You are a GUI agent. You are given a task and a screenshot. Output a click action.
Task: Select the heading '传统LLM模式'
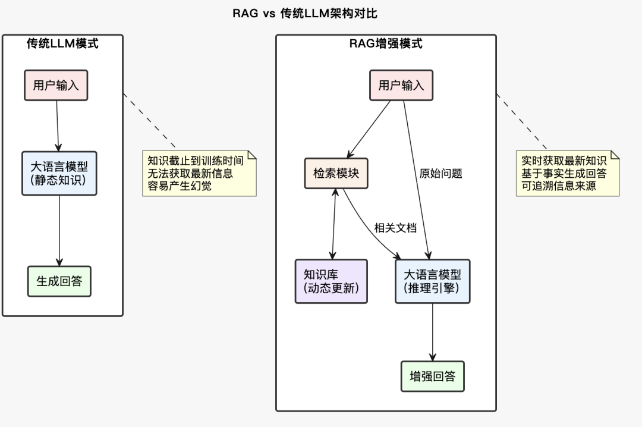pos(62,43)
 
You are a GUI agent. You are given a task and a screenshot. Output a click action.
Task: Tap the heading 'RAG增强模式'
pos(386,43)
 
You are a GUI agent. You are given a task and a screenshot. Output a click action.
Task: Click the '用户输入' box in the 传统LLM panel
pos(56,85)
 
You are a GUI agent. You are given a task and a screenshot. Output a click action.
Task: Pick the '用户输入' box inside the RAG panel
pos(401,85)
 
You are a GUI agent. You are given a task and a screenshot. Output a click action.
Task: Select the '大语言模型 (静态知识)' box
pos(59,173)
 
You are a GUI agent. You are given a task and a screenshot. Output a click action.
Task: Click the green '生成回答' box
pos(59,281)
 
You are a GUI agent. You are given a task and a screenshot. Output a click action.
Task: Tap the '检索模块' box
pos(336,173)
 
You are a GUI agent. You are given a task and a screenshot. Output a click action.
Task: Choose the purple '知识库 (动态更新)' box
pos(331,281)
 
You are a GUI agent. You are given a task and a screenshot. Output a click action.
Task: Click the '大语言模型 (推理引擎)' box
pos(432,281)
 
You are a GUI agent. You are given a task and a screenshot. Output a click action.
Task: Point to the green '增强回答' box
pos(432,376)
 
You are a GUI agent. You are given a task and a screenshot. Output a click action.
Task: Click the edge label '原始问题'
pos(440,174)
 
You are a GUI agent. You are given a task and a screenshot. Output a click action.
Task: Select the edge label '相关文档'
pos(395,227)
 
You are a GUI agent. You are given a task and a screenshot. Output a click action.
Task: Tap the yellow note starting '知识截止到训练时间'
pos(199,173)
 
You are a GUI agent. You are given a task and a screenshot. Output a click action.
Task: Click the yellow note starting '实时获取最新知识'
pos(567,173)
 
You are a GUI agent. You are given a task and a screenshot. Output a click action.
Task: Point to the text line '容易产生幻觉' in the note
pos(180,186)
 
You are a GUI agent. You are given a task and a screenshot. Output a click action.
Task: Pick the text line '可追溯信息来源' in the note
pos(559,186)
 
